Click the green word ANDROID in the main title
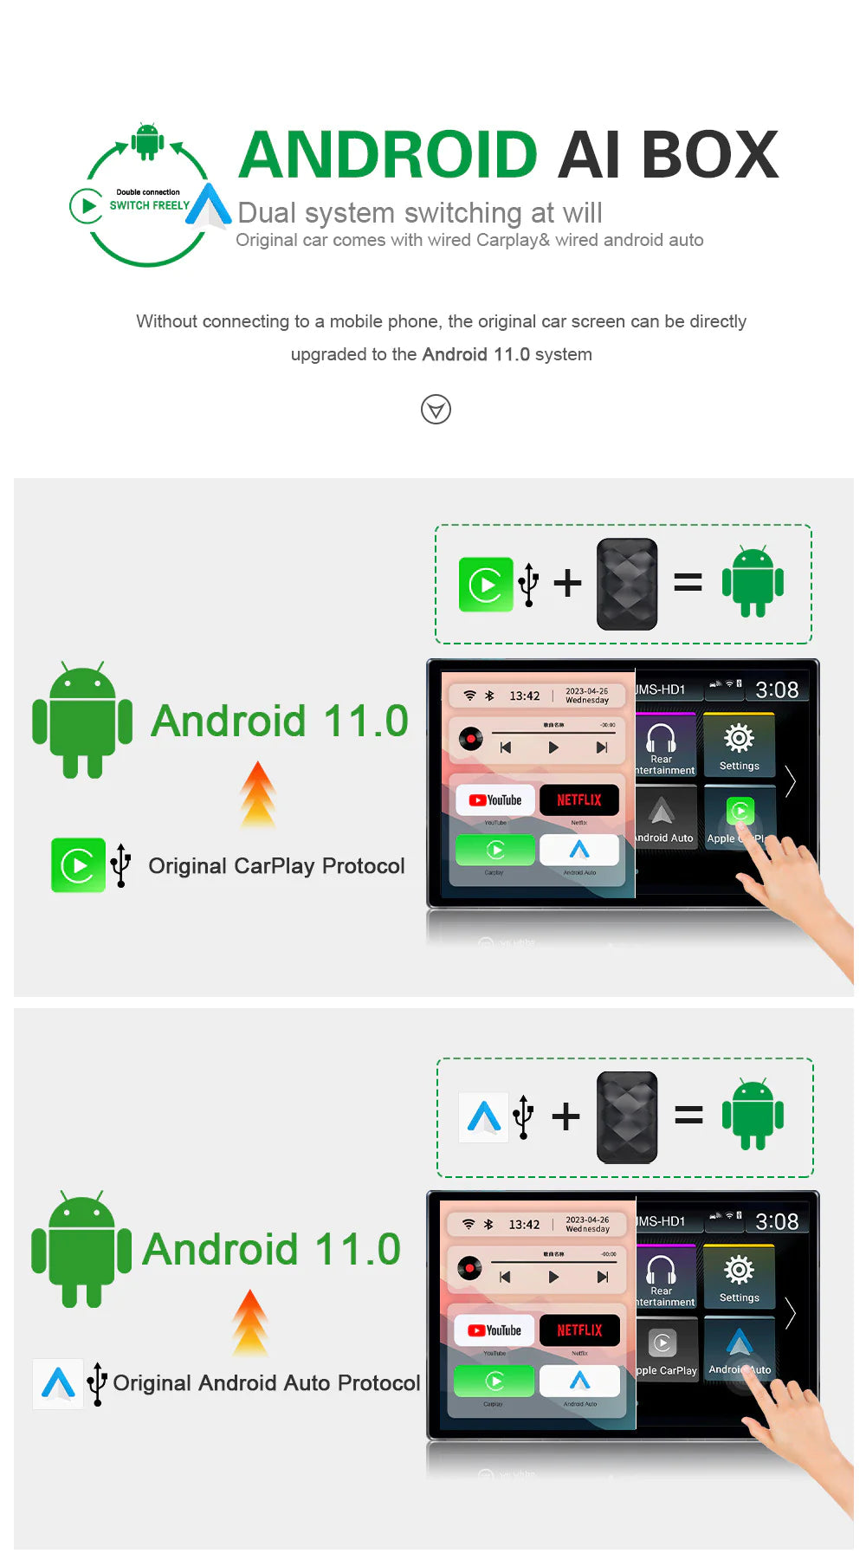tap(388, 155)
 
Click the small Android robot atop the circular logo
tap(147, 140)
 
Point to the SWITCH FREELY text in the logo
tap(149, 205)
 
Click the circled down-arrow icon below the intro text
tap(436, 409)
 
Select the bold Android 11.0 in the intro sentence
tap(475, 354)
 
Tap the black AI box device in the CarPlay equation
tap(627, 583)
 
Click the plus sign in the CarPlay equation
tap(567, 583)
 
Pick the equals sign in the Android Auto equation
tap(688, 1115)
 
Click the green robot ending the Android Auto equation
tap(753, 1115)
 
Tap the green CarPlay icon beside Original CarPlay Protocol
tap(78, 864)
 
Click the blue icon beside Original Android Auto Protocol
tap(58, 1382)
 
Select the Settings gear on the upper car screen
tap(739, 739)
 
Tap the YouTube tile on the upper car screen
tap(495, 799)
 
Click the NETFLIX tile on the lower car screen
tap(579, 1330)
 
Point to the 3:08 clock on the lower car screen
tap(776, 1221)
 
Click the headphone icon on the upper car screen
tap(662, 738)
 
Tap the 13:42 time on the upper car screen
tap(524, 696)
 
